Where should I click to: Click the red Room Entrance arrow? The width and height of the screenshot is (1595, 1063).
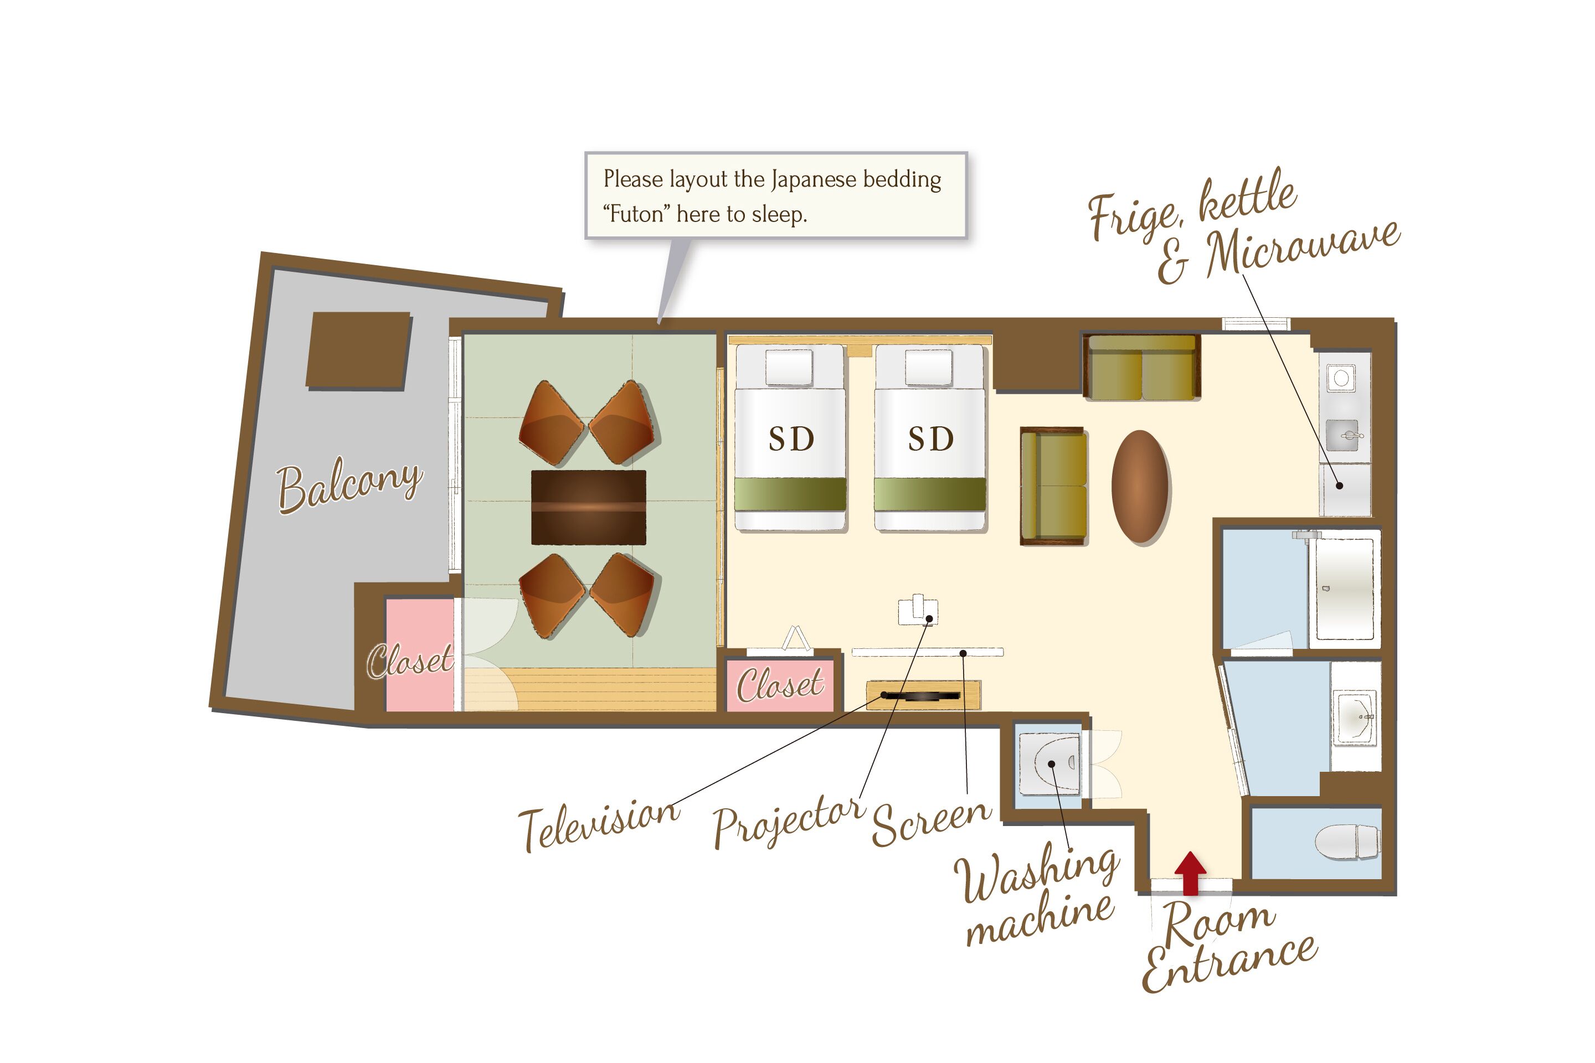1190,873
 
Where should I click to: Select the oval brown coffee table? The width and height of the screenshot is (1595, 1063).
1141,486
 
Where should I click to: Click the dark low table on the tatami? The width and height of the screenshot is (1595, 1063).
588,507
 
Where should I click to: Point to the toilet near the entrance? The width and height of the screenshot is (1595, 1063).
1347,842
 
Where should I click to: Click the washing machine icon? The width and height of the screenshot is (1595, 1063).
1051,763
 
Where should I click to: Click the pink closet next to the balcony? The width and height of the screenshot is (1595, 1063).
420,654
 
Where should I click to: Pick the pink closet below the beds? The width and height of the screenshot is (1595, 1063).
780,685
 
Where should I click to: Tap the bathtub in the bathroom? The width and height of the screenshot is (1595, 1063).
1345,589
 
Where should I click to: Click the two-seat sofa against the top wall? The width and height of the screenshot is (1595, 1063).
1141,367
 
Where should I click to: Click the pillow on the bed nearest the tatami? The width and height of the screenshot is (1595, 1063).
789,366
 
